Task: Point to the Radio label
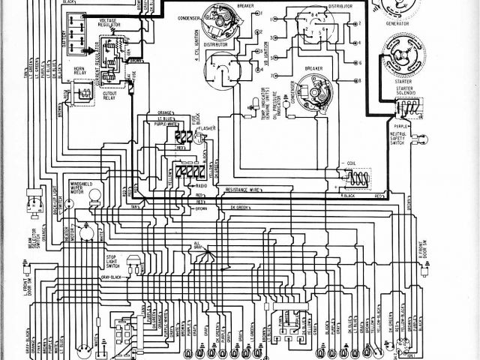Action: (x=201, y=184)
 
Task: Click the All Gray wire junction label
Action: (x=198, y=246)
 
